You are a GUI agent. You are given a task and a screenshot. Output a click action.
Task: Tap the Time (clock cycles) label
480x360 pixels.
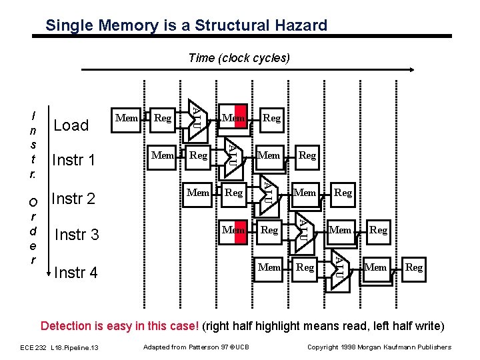pos(239,58)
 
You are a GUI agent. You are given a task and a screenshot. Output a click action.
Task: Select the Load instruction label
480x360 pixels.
pos(71,125)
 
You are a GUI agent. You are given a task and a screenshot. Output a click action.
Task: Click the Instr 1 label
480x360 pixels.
pos(73,161)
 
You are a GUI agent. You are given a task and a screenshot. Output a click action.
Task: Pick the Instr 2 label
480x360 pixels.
pos(73,198)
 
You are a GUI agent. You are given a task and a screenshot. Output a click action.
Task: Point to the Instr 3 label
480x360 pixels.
pos(77,235)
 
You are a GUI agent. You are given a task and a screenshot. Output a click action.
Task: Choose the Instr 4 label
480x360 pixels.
pos(75,272)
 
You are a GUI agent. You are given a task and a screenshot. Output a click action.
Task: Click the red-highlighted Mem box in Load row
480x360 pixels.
pos(234,118)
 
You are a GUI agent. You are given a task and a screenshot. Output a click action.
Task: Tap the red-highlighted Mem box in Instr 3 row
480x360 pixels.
pos(234,230)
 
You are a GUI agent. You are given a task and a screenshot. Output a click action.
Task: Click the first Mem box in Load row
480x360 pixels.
pos(127,118)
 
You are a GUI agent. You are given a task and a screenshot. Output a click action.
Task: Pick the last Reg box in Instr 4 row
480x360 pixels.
pos(414,267)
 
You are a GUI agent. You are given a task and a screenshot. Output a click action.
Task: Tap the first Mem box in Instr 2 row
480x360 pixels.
pos(198,193)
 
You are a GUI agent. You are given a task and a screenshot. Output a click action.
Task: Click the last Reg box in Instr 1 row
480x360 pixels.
pos(307,155)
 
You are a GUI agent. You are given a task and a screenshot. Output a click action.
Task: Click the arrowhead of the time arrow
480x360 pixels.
pos(413,69)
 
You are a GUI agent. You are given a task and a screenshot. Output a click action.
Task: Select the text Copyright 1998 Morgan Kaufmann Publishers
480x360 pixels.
pos(379,347)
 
